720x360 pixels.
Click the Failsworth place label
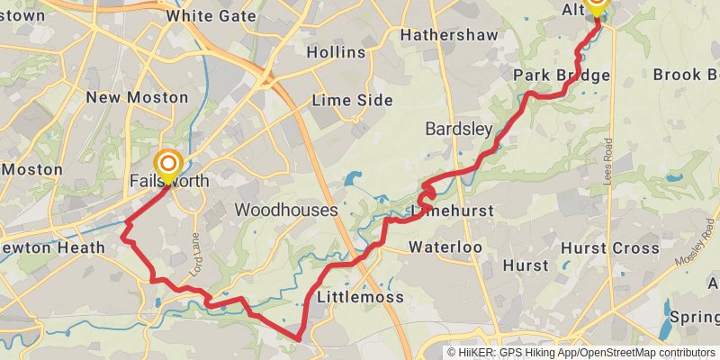169,181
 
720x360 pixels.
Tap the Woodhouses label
286,210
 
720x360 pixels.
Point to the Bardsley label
459,130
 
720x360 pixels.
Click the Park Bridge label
562,75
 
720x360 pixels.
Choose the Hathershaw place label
443,35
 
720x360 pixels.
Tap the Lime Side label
352,100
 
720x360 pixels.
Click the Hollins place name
336,52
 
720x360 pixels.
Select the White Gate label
209,15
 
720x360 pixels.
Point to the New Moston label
137,97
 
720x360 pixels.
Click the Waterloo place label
445,247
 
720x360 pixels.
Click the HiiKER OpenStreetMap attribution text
580,353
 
